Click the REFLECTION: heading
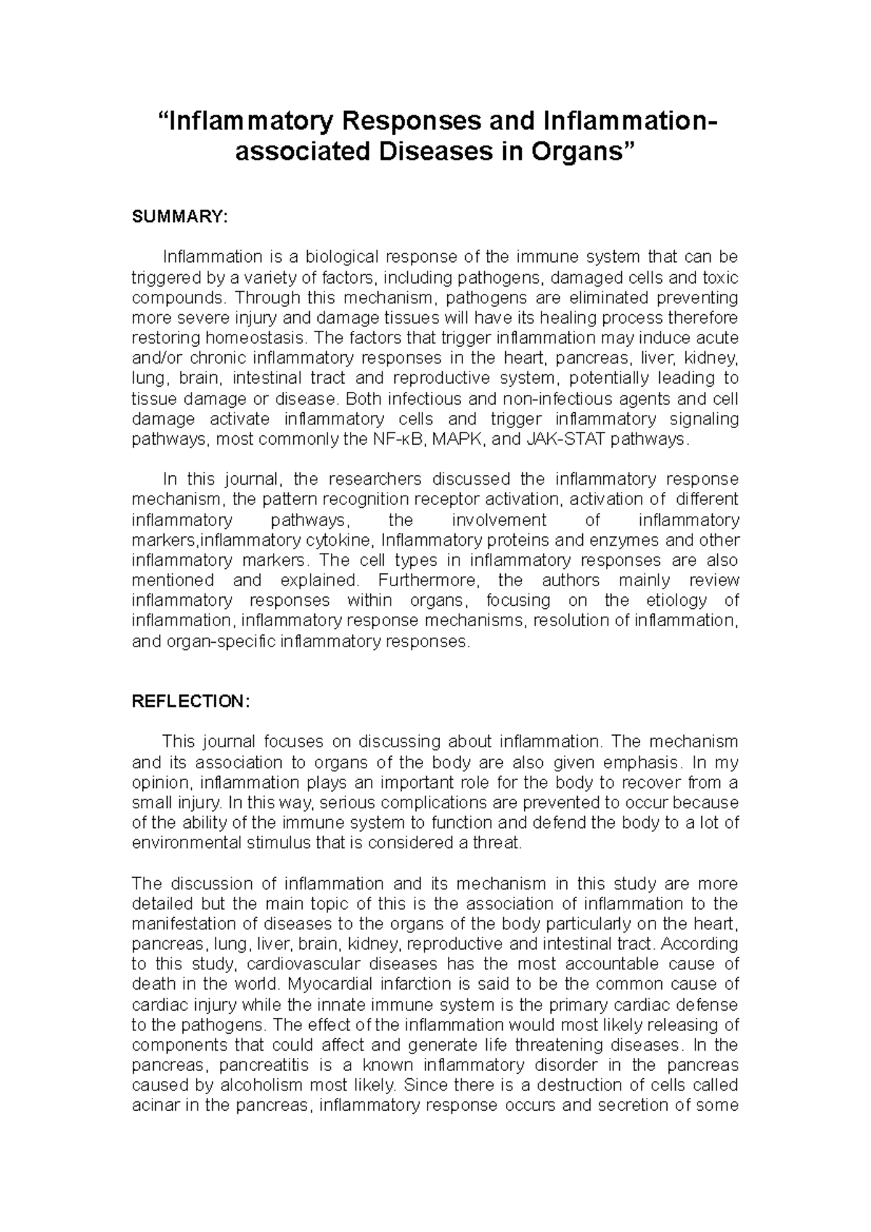coord(190,701)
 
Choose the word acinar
coord(154,1106)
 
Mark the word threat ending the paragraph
coord(498,843)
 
